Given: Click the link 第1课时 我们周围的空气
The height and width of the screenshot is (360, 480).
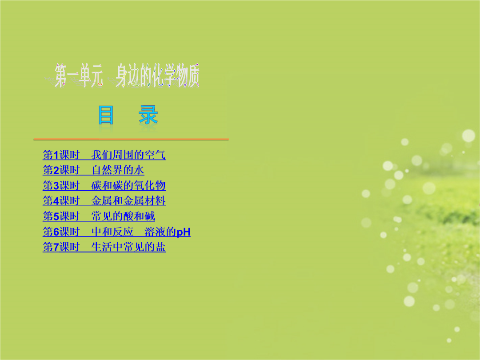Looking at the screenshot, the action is pyautogui.click(x=104, y=155).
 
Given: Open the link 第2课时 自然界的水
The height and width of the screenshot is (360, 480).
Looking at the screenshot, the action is pyautogui.click(x=93, y=170).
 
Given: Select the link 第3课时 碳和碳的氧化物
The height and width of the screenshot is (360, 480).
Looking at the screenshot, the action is pyautogui.click(x=104, y=185).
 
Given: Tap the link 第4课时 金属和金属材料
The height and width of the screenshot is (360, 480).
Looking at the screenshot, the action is pyautogui.click(x=104, y=201).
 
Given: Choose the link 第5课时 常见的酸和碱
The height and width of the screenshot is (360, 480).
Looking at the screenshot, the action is pyautogui.click(x=99, y=216).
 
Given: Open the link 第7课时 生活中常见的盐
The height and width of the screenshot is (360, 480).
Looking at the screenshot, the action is pyautogui.click(x=104, y=247).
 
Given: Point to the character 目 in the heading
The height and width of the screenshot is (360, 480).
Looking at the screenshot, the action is pyautogui.click(x=106, y=115).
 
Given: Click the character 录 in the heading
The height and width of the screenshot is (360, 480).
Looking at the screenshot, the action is pyautogui.click(x=148, y=115).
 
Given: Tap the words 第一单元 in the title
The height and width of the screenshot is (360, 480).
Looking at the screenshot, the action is pyautogui.click(x=79, y=76).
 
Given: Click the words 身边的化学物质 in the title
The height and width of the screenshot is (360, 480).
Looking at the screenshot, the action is pyautogui.click(x=157, y=76).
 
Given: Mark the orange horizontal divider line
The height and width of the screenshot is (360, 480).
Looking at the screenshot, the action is pyautogui.click(x=131, y=139).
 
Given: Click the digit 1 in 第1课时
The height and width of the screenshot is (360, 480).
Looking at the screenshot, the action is pyautogui.click(x=56, y=155).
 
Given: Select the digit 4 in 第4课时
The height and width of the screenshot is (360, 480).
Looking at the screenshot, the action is pyautogui.click(x=56, y=201).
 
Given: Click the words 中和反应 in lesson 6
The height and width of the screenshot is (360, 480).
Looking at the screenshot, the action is pyautogui.click(x=112, y=232).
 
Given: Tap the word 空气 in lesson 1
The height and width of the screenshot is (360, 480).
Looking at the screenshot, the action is pyautogui.click(x=155, y=155).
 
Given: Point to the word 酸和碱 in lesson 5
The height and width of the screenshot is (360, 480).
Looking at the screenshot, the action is pyautogui.click(x=139, y=216).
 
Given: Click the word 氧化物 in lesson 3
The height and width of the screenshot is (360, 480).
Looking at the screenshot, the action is pyautogui.click(x=150, y=185).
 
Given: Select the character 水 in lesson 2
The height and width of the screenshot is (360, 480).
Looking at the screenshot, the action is pyautogui.click(x=139, y=170).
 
